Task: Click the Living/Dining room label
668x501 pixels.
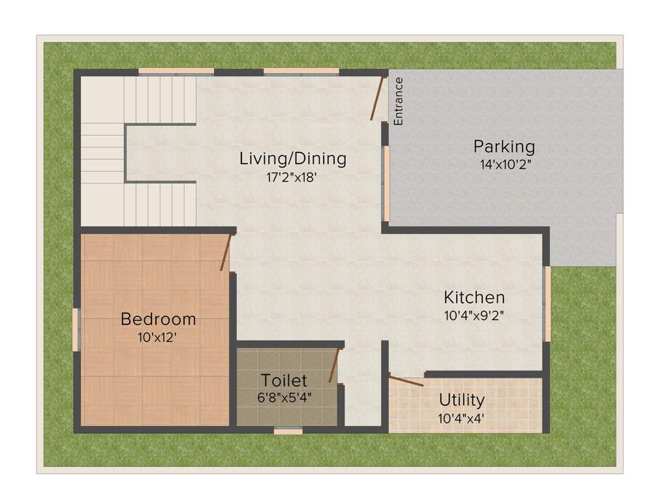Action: tap(293, 158)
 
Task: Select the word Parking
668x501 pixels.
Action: tap(504, 146)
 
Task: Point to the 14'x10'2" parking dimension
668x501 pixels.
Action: tap(506, 164)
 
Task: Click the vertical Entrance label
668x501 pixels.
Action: tap(399, 101)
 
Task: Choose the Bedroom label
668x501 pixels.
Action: tap(159, 319)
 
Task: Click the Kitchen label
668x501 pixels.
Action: tap(474, 297)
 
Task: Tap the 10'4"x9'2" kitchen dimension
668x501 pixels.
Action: tap(474, 315)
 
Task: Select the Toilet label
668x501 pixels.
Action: tap(284, 380)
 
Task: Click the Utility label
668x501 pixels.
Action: tap(461, 399)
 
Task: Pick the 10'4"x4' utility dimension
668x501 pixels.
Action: tap(461, 418)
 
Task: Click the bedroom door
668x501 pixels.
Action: tap(226, 253)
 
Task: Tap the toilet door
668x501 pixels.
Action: tap(334, 365)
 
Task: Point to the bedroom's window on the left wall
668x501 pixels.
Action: tap(76, 329)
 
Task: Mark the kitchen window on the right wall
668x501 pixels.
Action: tap(547, 304)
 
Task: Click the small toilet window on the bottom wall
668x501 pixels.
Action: tap(288, 431)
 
